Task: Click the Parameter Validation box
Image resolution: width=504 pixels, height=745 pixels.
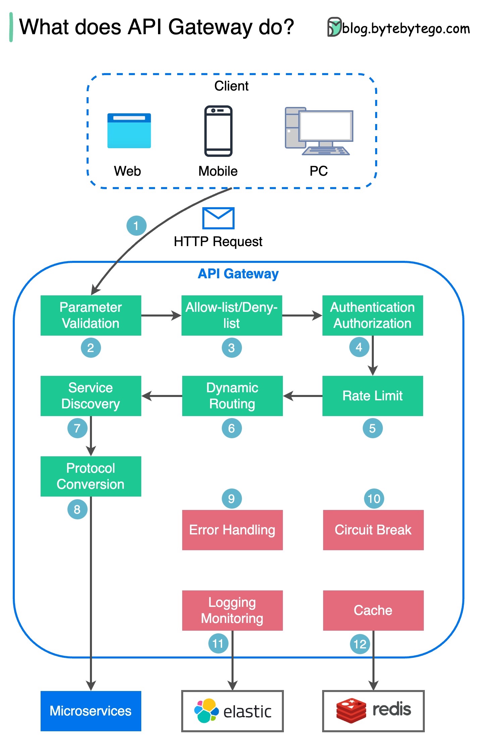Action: [x=91, y=315]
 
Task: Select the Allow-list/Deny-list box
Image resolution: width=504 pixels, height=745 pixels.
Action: [x=232, y=315]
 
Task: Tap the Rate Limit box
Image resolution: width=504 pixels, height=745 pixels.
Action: [x=372, y=396]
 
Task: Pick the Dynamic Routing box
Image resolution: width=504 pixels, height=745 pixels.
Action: [x=232, y=396]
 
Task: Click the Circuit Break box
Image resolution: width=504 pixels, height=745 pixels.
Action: [x=373, y=530]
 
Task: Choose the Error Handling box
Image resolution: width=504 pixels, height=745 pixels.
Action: [x=232, y=530]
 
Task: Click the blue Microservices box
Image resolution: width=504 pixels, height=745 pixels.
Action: [x=91, y=711]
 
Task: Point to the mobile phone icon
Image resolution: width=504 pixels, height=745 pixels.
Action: [x=218, y=131]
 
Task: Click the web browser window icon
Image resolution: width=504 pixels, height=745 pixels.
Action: [x=129, y=131]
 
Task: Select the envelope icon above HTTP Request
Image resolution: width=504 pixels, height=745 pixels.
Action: [x=218, y=218]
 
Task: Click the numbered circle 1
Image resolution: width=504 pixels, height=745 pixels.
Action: [x=136, y=226]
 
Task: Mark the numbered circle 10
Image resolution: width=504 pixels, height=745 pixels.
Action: [x=374, y=499]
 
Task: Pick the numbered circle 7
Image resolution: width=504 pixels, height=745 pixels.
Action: [x=77, y=428]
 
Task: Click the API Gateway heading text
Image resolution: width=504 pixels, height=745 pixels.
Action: [x=238, y=274]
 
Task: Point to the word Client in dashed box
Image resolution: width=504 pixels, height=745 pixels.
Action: [x=231, y=86]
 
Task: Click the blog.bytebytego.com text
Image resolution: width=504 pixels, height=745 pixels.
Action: [x=406, y=29]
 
